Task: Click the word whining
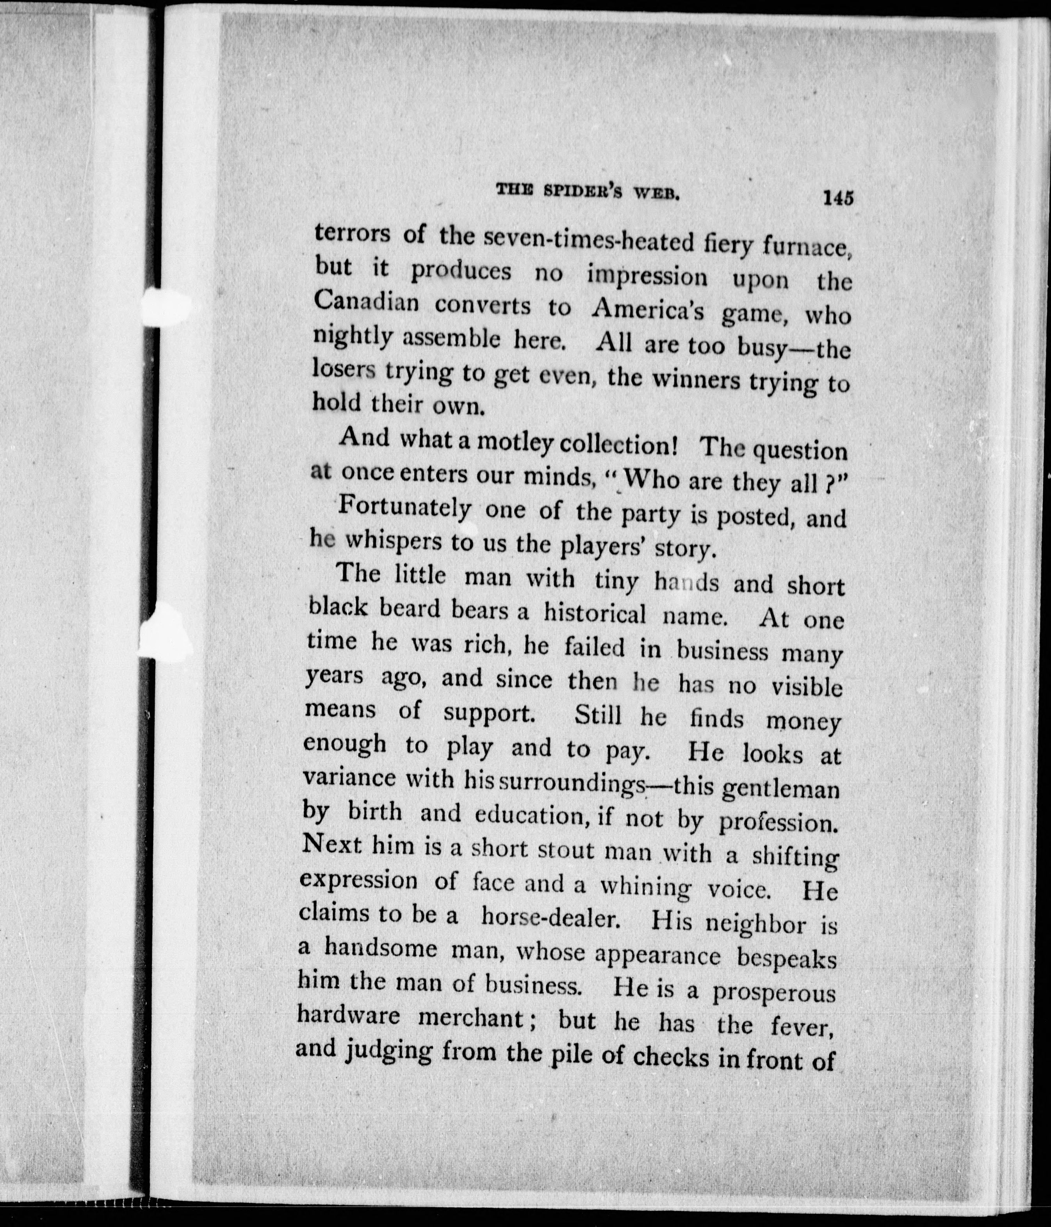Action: click(645, 887)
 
